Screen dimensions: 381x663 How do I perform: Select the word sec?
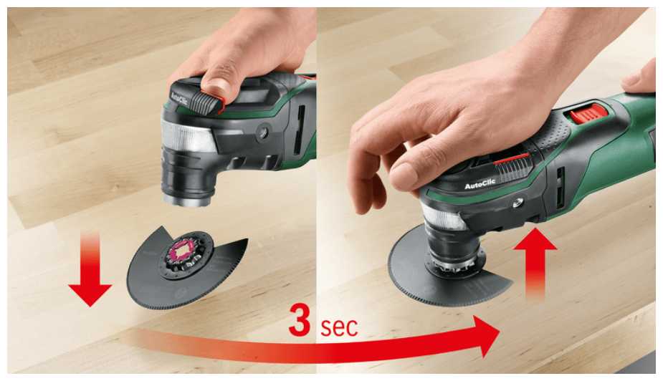[x=338, y=327]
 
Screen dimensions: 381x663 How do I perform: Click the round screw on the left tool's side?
[x=266, y=132]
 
